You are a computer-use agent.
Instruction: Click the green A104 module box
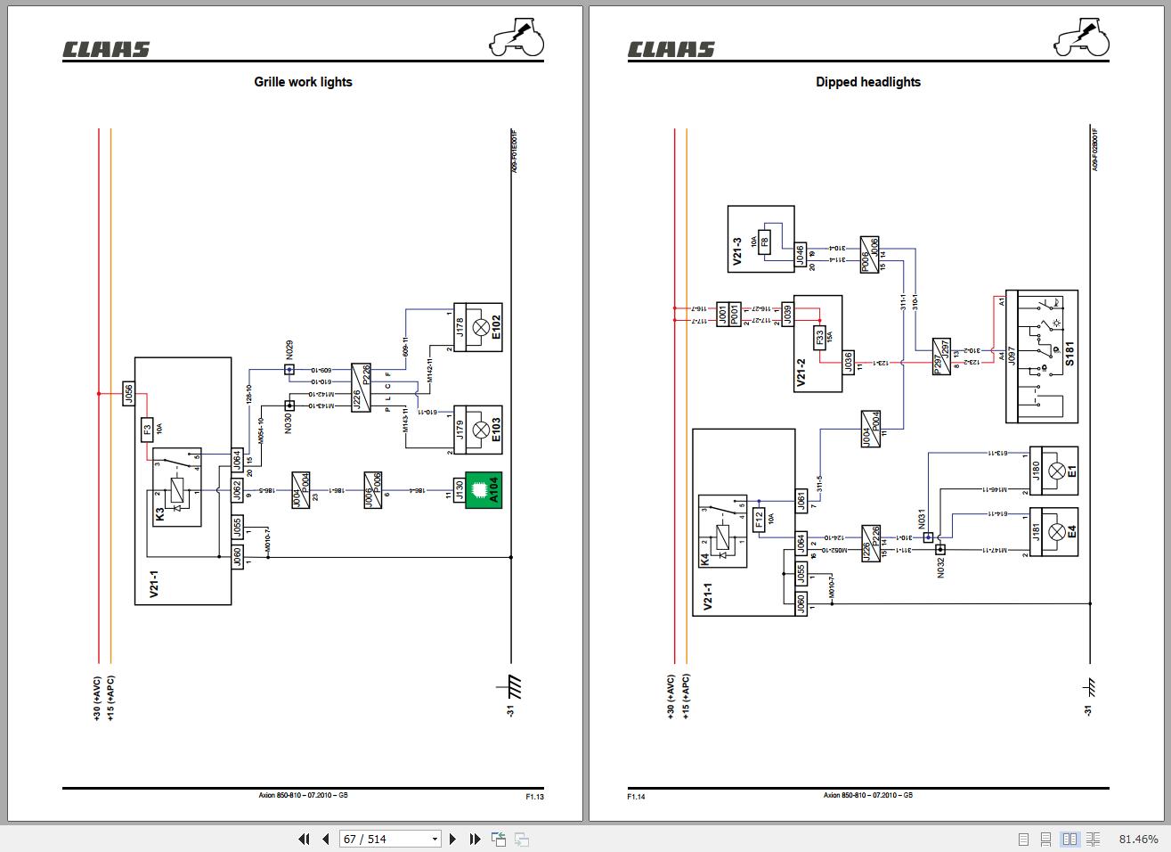[x=484, y=490]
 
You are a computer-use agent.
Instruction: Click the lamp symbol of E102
[x=481, y=327]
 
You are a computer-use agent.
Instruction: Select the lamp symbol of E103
[x=481, y=430]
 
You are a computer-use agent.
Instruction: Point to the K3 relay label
[x=160, y=514]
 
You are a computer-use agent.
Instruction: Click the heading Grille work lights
[x=303, y=82]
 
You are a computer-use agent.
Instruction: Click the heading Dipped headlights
[x=867, y=82]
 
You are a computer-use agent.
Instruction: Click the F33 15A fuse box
[x=819, y=338]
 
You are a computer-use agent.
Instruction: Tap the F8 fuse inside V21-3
[x=764, y=242]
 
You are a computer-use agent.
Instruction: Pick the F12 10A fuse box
[x=759, y=519]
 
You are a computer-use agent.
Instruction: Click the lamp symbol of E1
[x=1057, y=471]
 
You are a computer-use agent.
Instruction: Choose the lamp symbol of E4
[x=1057, y=532]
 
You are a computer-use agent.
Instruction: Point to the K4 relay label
[x=705, y=560]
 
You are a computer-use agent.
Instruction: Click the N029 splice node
[x=289, y=369]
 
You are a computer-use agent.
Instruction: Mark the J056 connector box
[x=128, y=394]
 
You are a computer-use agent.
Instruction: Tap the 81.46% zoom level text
[x=1138, y=839]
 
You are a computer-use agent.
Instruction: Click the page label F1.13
[x=534, y=797]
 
